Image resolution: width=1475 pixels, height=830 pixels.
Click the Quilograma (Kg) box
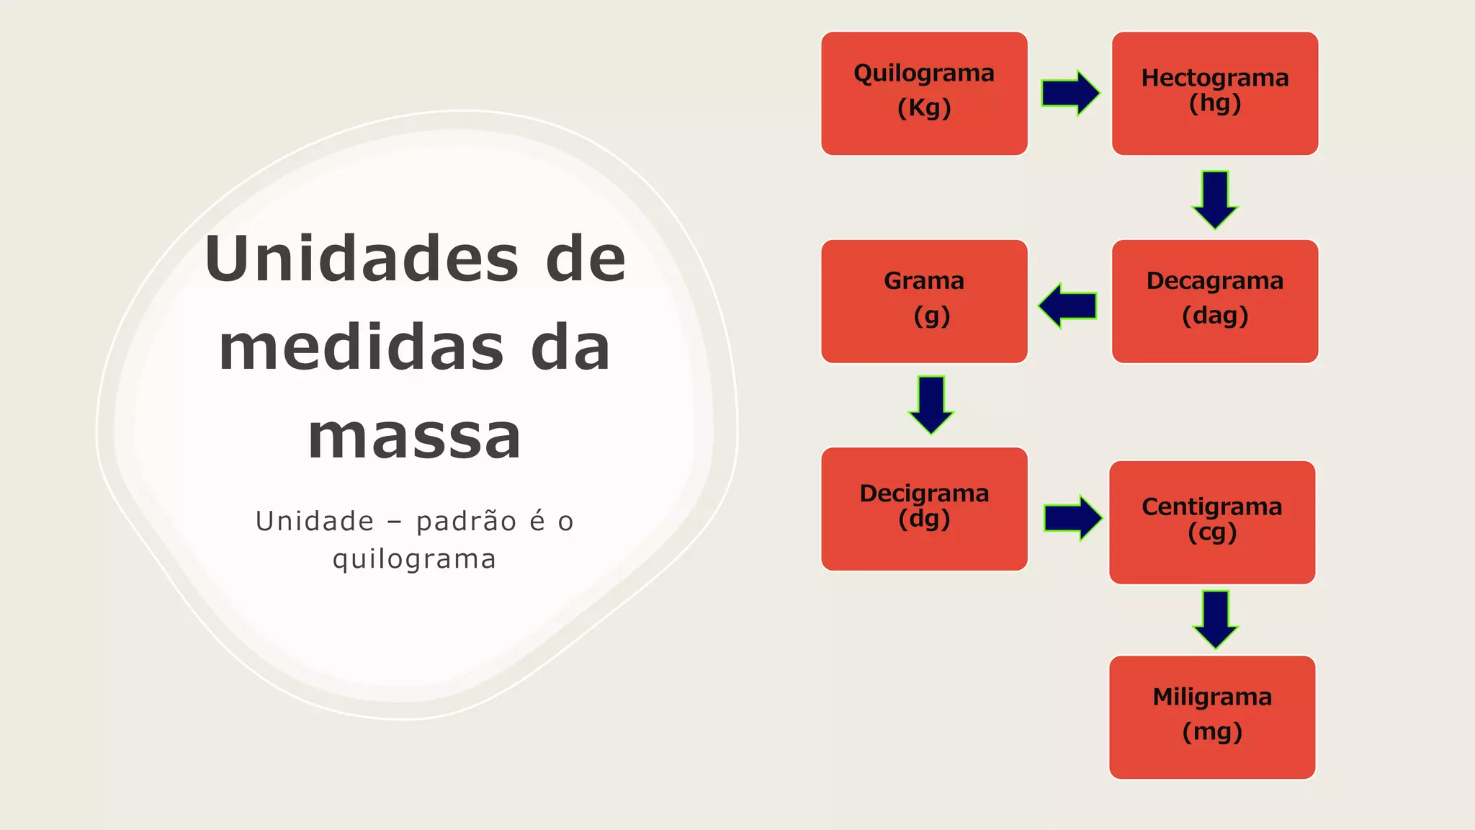pyautogui.click(x=924, y=93)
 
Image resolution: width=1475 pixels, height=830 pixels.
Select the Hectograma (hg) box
pyautogui.click(x=1215, y=93)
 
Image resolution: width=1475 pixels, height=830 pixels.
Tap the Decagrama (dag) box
pyautogui.click(x=1215, y=301)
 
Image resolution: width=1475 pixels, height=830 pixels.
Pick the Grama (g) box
pyautogui.click(x=924, y=301)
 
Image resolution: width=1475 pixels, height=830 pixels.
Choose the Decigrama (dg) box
pyautogui.click(x=924, y=509)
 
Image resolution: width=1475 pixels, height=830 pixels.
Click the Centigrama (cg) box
pyautogui.click(x=1212, y=522)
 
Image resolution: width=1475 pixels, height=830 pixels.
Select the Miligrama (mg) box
pyautogui.click(x=1212, y=717)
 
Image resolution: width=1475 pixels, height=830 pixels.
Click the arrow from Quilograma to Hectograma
pyautogui.click(x=1070, y=93)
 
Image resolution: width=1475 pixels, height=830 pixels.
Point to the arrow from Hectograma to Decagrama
pyautogui.click(x=1215, y=199)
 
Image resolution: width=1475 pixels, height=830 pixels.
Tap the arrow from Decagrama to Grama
pyautogui.click(x=1068, y=305)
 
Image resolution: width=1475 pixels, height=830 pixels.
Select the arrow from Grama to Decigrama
pyautogui.click(x=931, y=404)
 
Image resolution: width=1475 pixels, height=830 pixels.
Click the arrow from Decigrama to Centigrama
pyautogui.click(x=1072, y=517)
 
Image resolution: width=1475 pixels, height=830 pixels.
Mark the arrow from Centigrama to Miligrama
pyautogui.click(x=1216, y=619)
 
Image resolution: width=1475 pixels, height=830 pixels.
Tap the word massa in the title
pyautogui.click(x=414, y=437)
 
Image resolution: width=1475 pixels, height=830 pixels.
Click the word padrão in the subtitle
pyautogui.click(x=466, y=522)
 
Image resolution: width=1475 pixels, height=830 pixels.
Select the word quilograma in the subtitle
pyautogui.click(x=414, y=560)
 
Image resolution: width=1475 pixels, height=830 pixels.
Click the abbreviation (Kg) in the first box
pyautogui.click(x=924, y=108)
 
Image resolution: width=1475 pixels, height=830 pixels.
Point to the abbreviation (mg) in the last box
pyautogui.click(x=1212, y=732)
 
